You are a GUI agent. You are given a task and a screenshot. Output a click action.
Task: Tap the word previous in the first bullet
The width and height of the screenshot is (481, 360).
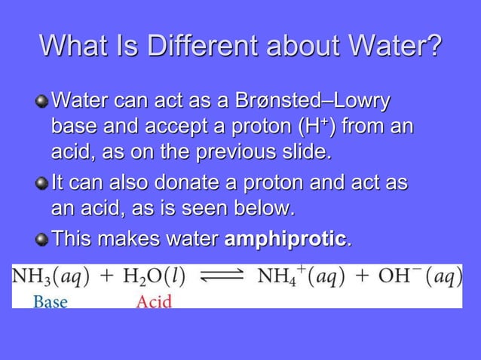pyautogui.click(x=238, y=154)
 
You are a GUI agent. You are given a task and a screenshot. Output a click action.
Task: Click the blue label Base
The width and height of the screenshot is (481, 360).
pyautogui.click(x=51, y=302)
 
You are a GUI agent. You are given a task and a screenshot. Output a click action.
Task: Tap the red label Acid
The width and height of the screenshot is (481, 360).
pyautogui.click(x=154, y=302)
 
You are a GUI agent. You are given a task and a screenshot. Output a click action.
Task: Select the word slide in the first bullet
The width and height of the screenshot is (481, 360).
pyautogui.click(x=308, y=154)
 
